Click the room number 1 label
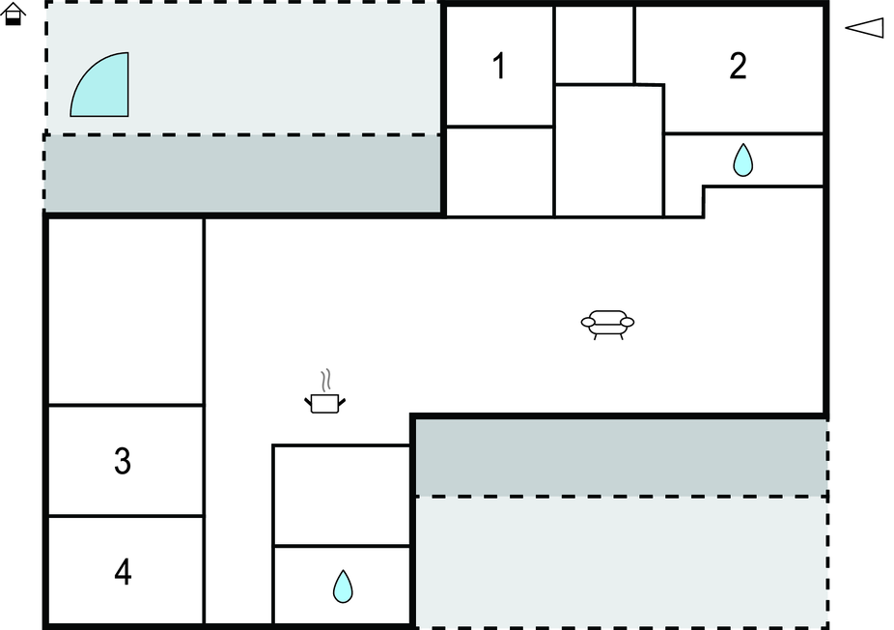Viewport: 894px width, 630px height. [499, 67]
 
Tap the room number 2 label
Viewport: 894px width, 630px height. [738, 67]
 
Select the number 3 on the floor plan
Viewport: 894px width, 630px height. [123, 461]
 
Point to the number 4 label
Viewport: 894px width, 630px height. [124, 572]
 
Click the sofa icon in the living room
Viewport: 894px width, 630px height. [608, 325]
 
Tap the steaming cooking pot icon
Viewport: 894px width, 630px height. [325, 391]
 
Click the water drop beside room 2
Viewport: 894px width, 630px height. [743, 159]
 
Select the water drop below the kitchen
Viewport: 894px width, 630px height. [343, 587]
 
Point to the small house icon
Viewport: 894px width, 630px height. [13, 14]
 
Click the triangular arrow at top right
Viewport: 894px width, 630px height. [864, 27]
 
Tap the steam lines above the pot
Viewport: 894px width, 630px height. [326, 380]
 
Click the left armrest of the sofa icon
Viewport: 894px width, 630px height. [588, 323]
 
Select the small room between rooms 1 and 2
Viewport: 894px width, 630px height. [594, 45]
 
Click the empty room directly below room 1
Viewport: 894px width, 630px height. [499, 172]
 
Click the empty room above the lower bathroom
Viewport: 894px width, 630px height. [342, 496]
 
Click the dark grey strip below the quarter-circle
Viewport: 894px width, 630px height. [242, 174]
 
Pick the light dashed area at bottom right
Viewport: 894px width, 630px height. [621, 562]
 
